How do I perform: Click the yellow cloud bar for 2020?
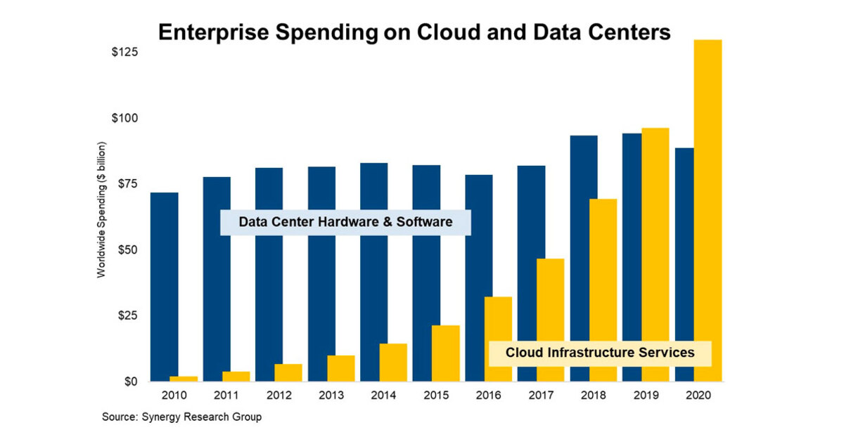click(708, 211)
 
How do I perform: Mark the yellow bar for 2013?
click(341, 368)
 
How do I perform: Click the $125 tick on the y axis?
click(124, 53)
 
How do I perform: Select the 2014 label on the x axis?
click(384, 396)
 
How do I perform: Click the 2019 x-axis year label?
click(646, 396)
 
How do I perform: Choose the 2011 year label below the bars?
click(226, 396)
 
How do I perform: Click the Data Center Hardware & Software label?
click(345, 222)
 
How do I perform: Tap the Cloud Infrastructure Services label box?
click(599, 353)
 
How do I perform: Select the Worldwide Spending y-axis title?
click(101, 218)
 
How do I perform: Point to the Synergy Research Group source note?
click(181, 417)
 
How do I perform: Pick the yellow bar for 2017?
click(550, 320)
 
